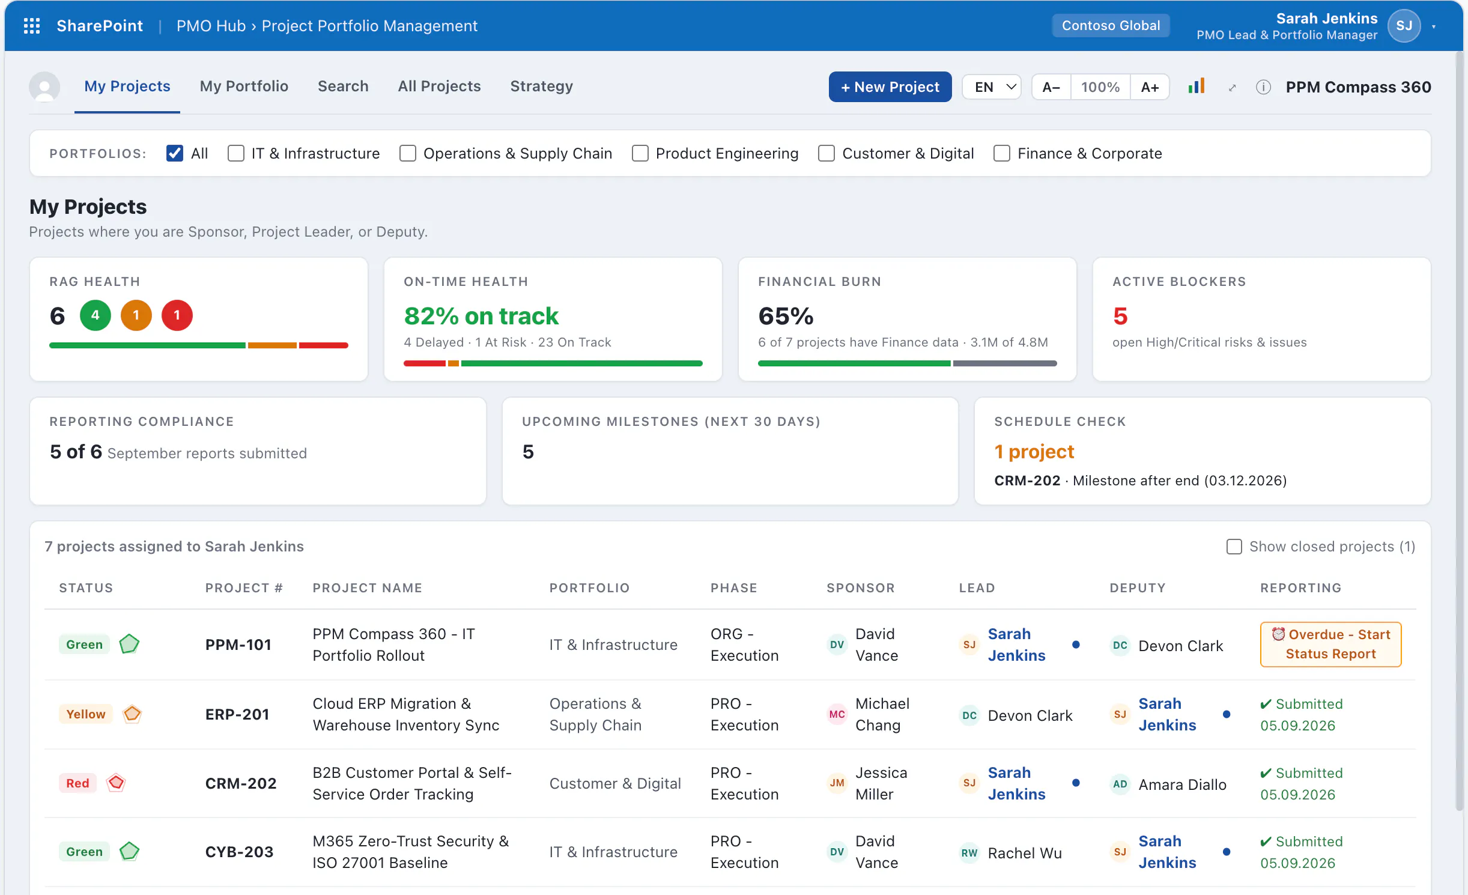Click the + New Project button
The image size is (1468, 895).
[x=890, y=87]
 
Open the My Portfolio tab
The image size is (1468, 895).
[x=244, y=86]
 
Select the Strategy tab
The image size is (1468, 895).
[x=541, y=86]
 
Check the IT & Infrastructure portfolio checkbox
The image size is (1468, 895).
[x=236, y=154]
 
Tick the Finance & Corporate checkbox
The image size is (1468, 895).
[x=1001, y=154]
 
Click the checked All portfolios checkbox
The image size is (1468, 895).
[x=175, y=154]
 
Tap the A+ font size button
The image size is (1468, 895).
[x=1150, y=87]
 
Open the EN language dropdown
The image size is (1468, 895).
[x=992, y=87]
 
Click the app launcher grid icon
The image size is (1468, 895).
[x=32, y=26]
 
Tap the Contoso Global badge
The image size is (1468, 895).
[x=1111, y=26]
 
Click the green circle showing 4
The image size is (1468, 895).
[x=96, y=315]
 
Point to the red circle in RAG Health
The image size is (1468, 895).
[x=177, y=315]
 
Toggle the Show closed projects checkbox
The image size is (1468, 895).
[x=1234, y=547]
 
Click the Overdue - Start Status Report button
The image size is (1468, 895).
[x=1330, y=645]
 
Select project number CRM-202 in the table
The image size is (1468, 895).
[x=241, y=783]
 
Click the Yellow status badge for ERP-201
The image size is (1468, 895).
[x=86, y=714]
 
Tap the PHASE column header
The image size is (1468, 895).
[x=733, y=588]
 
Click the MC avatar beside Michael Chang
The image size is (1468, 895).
[x=837, y=714]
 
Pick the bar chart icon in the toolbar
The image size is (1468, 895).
[x=1196, y=86]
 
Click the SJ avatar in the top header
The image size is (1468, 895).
[x=1404, y=26]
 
